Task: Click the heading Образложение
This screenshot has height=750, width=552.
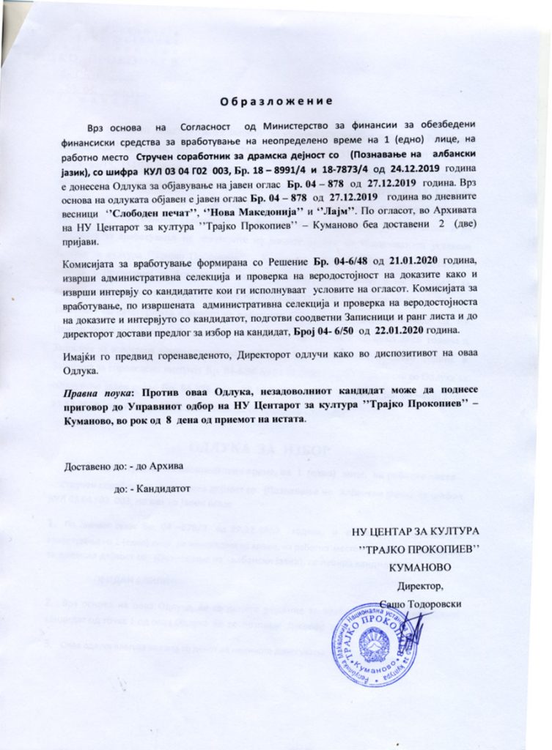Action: click(x=276, y=100)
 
